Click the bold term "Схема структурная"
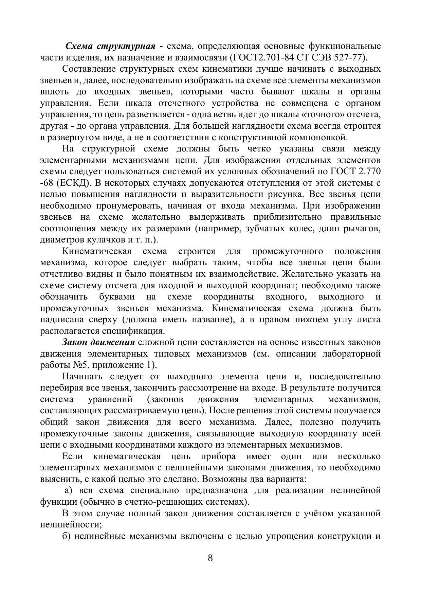pos(110,46)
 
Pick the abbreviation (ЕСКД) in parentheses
pos(72,183)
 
